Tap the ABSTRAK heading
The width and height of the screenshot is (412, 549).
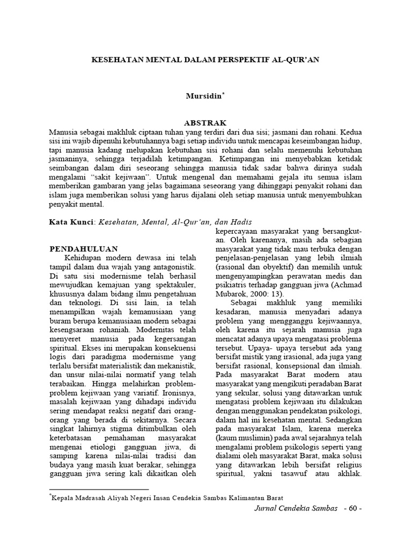click(205, 123)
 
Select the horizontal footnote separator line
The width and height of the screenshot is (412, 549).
click(99, 489)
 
